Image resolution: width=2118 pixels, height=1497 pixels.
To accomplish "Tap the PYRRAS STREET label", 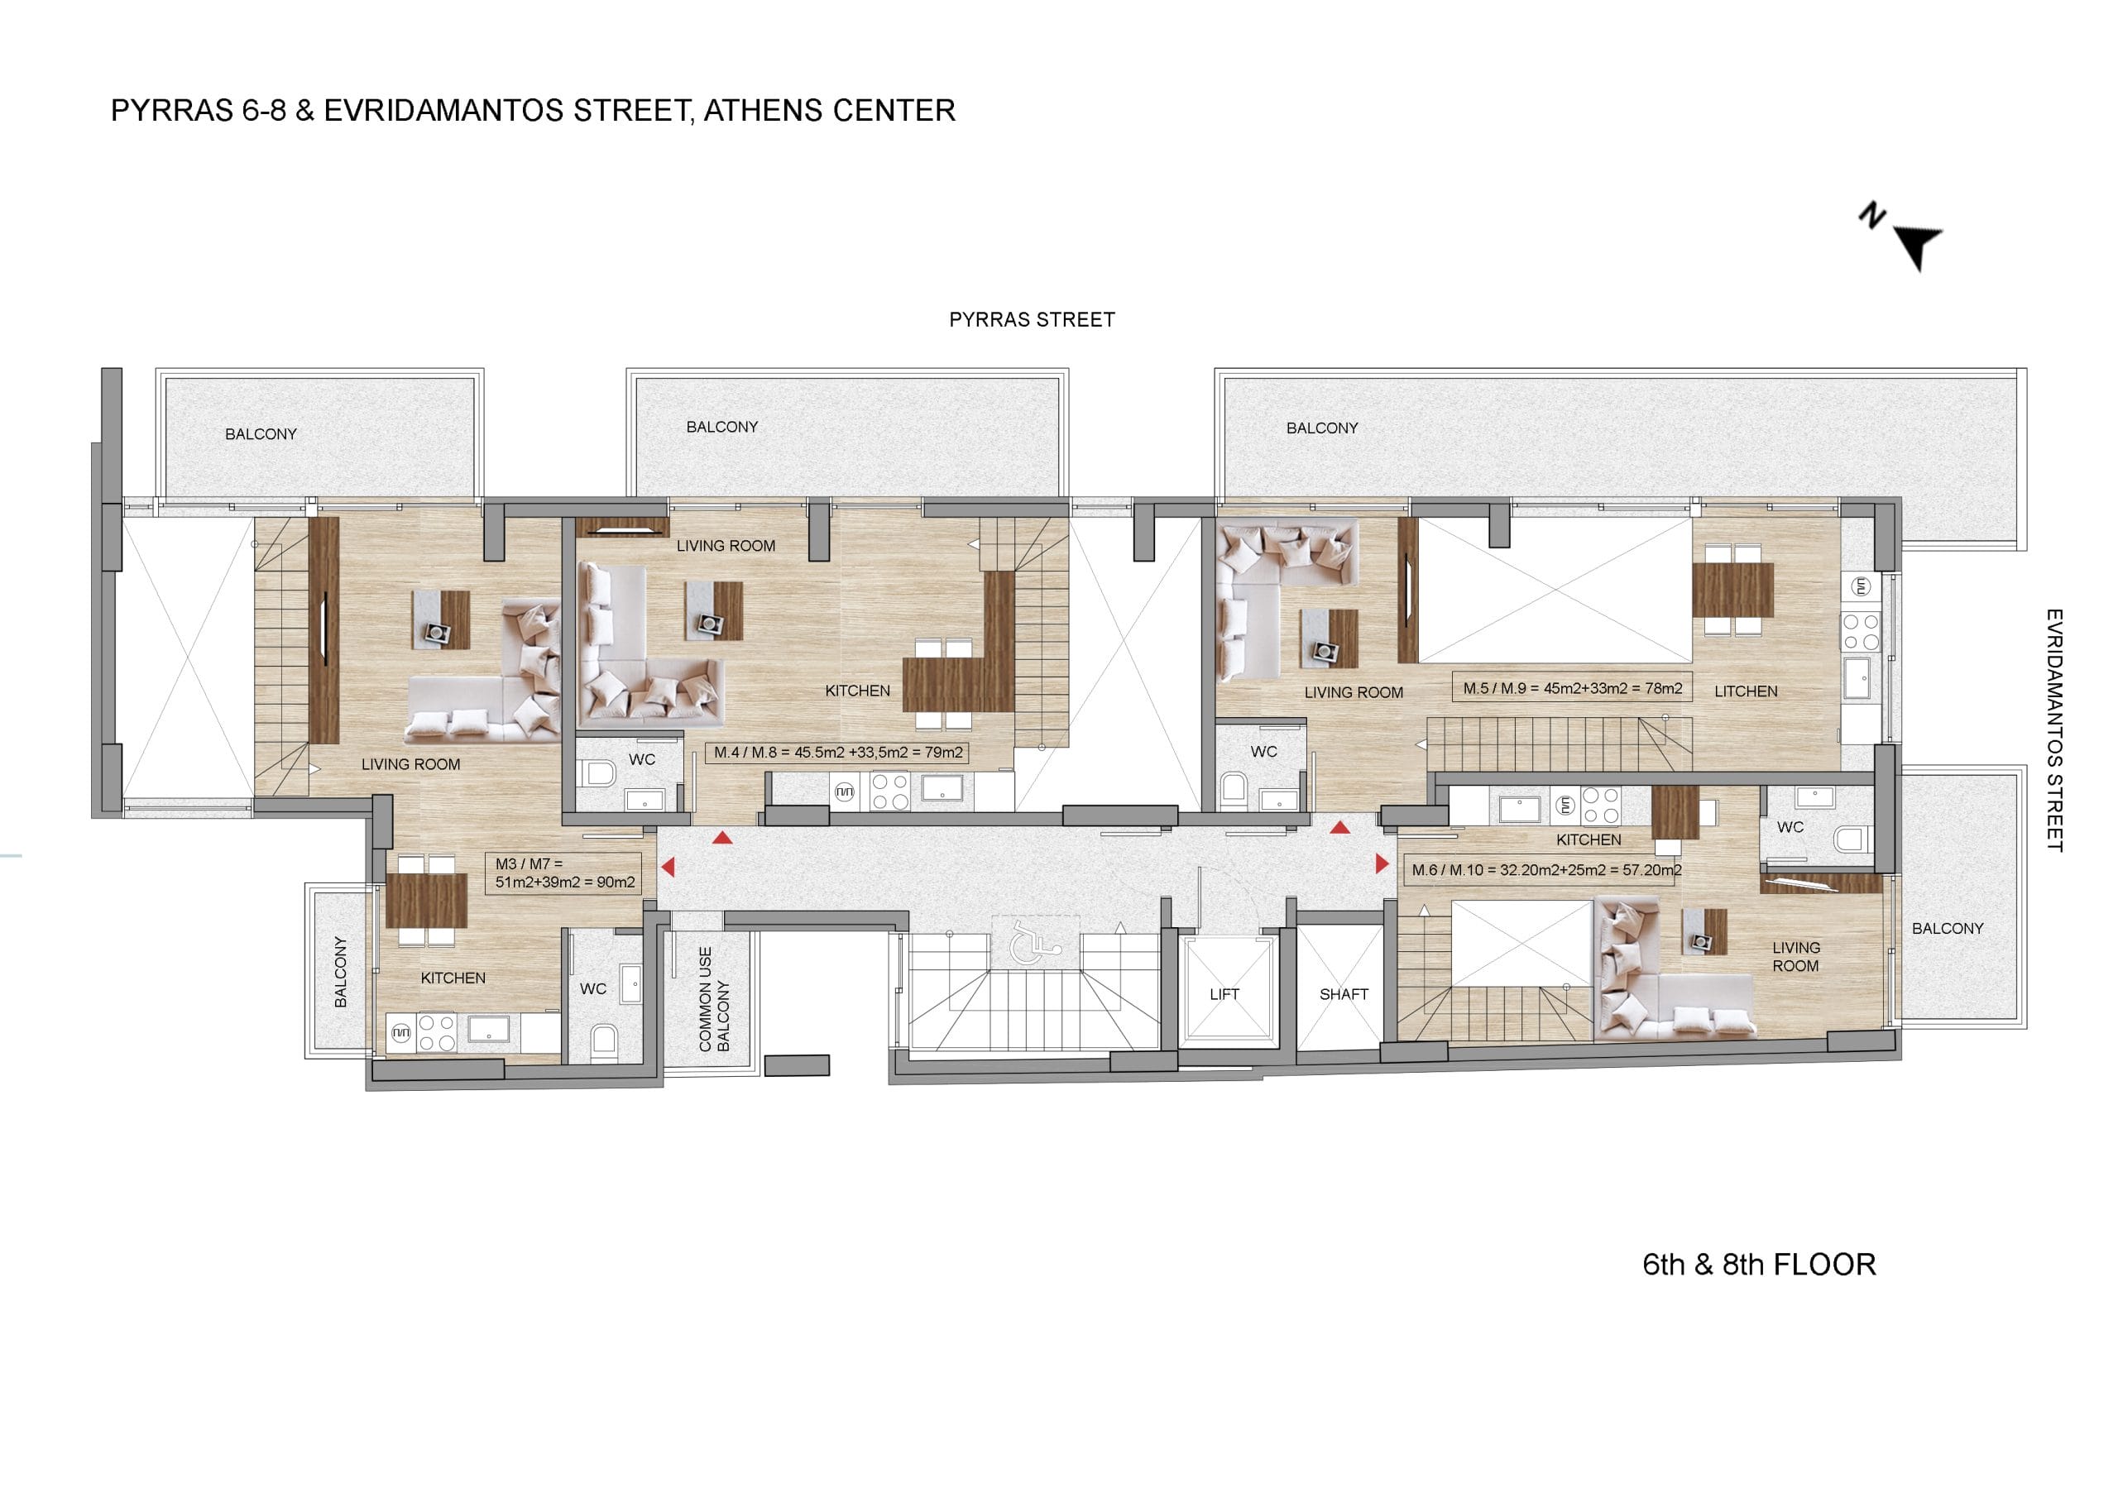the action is point(1032,320).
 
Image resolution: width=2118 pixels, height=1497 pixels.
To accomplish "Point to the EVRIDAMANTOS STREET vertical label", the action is point(2053,729).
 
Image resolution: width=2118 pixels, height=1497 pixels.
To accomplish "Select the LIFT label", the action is point(1224,994).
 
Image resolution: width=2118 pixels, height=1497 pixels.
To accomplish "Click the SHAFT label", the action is point(1343,994).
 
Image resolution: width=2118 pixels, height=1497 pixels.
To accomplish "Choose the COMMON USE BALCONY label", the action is point(714,1000).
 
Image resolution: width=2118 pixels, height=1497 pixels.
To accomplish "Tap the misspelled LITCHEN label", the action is point(1746,691).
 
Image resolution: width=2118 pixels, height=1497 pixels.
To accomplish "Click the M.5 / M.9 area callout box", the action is point(1572,688).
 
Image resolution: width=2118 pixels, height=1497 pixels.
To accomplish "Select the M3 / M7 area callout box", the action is point(563,873).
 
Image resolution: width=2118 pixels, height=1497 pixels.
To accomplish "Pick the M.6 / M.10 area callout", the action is point(1546,870).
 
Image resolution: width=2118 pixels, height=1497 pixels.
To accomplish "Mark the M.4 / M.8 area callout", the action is point(837,753).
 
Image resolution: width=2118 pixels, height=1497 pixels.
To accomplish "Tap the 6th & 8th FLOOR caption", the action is point(1759,1265).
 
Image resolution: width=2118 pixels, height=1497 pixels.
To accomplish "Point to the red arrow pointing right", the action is point(1382,864).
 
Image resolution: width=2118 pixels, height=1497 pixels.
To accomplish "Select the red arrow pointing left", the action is point(667,867).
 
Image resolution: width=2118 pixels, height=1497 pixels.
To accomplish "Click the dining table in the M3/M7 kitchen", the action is point(426,900).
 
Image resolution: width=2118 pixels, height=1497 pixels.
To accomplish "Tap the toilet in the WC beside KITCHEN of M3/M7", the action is point(604,1040).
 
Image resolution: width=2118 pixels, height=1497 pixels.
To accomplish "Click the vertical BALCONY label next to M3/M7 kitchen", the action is point(340,972).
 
